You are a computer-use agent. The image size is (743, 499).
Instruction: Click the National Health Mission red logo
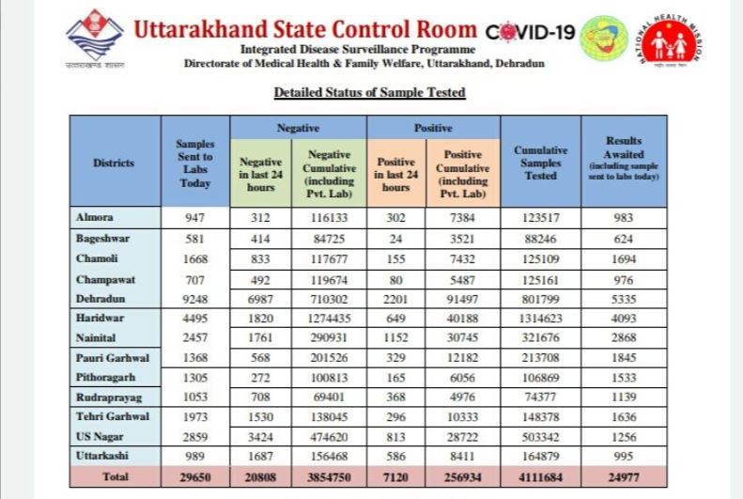click(x=670, y=40)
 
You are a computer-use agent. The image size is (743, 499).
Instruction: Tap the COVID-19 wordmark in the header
click(x=530, y=32)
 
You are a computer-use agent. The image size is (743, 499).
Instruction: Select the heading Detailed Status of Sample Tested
click(x=369, y=92)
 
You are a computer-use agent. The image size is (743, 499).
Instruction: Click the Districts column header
click(x=114, y=163)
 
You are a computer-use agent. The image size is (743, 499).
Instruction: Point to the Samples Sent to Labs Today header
click(x=195, y=163)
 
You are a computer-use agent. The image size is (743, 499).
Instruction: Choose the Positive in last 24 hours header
click(x=395, y=175)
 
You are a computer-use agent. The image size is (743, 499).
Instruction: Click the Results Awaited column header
click(x=624, y=158)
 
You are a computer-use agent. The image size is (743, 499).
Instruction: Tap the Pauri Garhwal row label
click(x=113, y=358)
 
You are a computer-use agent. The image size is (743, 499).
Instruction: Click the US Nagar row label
click(x=100, y=436)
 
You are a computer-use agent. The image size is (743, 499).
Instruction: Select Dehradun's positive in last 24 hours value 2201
click(x=395, y=300)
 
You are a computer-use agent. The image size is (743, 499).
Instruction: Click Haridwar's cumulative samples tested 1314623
click(x=541, y=319)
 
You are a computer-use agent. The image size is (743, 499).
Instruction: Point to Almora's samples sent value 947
click(x=195, y=217)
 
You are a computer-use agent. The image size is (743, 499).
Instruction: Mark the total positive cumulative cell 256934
click(x=462, y=477)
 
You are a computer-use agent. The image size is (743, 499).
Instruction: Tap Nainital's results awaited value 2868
click(x=624, y=338)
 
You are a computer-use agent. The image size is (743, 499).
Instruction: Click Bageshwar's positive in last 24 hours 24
click(x=395, y=239)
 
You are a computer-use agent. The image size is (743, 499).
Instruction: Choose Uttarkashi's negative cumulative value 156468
click(x=330, y=457)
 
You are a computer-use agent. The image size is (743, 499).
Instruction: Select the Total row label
click(x=116, y=476)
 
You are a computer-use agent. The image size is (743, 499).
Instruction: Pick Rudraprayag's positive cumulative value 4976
click(x=462, y=398)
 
